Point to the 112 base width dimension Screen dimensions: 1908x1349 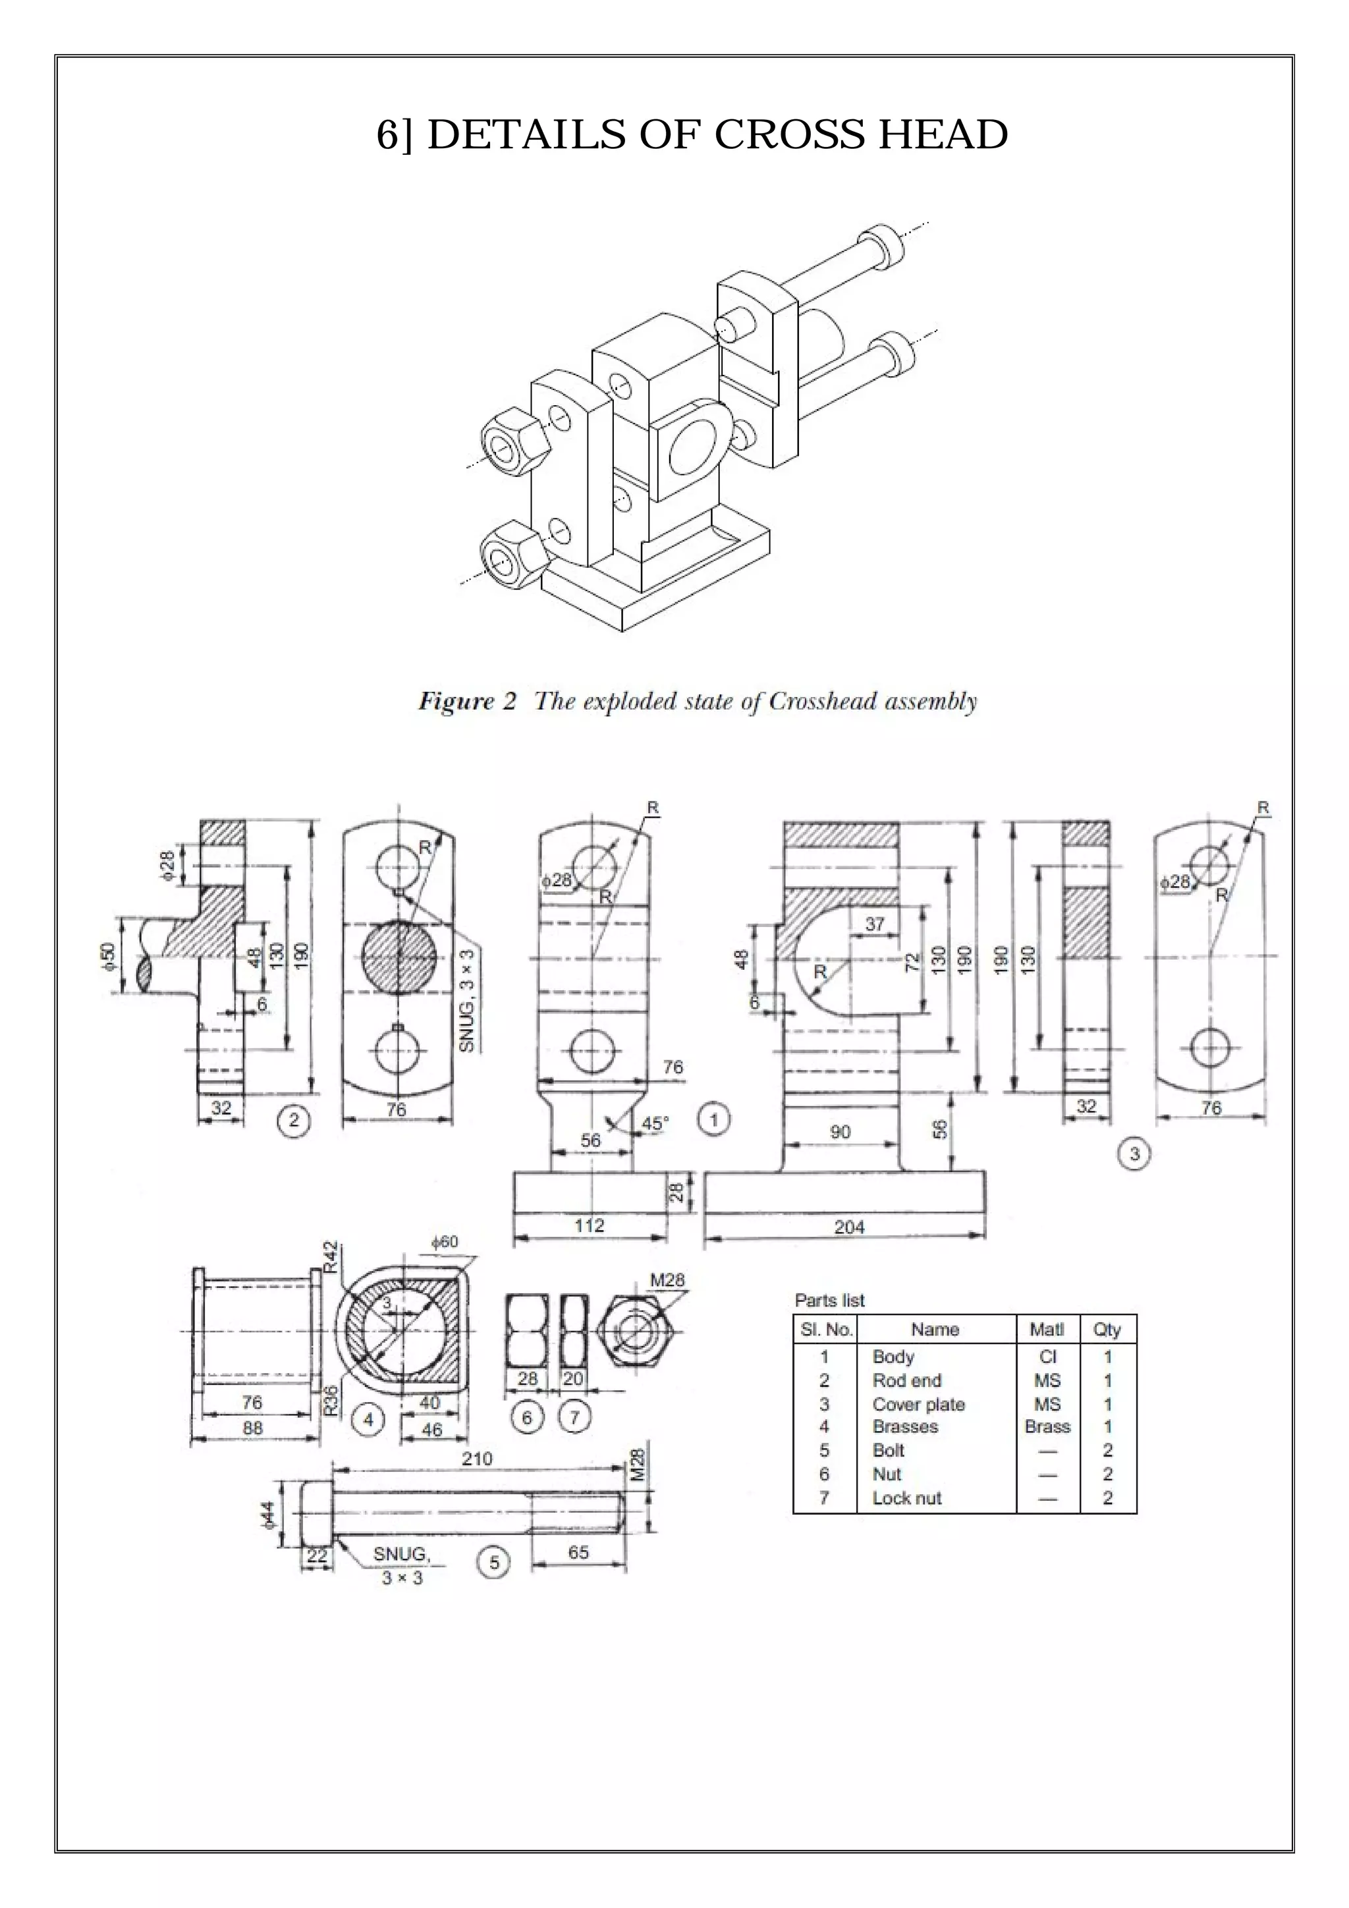[590, 1225]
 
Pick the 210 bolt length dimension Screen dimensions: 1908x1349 [476, 1459]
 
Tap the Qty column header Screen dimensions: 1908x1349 [1107, 1330]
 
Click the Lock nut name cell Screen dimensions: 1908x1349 [906, 1498]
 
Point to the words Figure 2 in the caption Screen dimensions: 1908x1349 [467, 702]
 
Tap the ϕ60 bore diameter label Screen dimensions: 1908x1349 [445, 1241]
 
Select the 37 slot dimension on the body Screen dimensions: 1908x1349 [875, 924]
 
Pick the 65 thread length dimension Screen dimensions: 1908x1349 [578, 1552]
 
